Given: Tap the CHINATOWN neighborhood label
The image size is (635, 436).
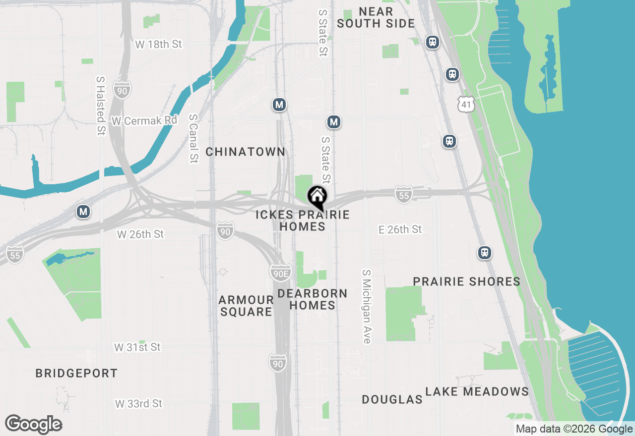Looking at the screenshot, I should [x=246, y=152].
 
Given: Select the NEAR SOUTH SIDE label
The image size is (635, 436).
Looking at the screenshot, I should [x=376, y=17].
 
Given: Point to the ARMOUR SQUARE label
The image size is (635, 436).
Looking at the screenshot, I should [x=246, y=306].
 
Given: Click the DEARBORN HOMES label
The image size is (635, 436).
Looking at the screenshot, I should [x=313, y=299].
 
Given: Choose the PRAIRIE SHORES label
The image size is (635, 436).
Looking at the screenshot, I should [x=467, y=281].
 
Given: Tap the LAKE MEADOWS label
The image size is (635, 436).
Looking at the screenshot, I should [x=477, y=391].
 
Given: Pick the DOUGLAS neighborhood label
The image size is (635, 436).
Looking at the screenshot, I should [x=392, y=399].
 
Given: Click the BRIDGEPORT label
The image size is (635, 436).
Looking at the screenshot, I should [x=76, y=373].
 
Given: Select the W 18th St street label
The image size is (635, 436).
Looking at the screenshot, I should [x=159, y=44].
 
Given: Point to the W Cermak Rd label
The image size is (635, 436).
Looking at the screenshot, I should [x=144, y=120].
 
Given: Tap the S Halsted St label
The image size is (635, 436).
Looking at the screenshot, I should [x=101, y=106].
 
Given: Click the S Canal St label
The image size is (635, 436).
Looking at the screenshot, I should [x=193, y=139].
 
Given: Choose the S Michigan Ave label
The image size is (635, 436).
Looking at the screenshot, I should [x=367, y=307].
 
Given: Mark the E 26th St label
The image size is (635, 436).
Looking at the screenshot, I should [x=400, y=229].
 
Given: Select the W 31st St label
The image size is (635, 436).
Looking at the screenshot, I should [x=137, y=347].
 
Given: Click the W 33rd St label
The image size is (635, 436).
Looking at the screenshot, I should [x=139, y=404].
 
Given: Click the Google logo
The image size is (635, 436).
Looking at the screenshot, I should [x=33, y=424].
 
